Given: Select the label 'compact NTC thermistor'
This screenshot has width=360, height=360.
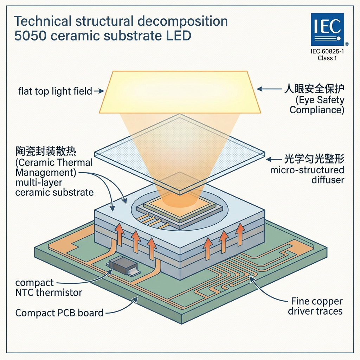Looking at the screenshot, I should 49,287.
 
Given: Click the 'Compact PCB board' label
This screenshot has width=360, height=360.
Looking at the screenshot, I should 59,312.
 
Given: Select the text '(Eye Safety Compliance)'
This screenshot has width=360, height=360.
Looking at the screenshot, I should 317,104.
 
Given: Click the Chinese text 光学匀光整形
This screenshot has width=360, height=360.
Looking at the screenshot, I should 314,159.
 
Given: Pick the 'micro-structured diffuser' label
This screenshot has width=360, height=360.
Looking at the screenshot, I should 307,175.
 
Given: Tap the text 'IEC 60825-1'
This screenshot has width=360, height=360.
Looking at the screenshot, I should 327,52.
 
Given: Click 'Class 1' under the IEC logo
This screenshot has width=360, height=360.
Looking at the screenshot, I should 327,58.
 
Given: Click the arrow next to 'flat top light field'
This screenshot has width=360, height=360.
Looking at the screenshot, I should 99,91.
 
